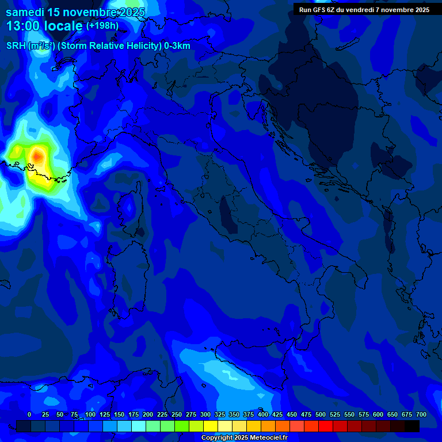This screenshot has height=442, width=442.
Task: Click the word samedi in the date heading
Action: click(26, 12)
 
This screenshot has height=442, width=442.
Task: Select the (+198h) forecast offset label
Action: click(102, 26)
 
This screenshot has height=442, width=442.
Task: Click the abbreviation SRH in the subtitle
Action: click(16, 46)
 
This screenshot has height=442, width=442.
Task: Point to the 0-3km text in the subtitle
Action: click(177, 46)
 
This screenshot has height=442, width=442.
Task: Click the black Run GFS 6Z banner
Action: click(364, 10)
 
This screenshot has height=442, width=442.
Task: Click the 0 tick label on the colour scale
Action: click(29, 414)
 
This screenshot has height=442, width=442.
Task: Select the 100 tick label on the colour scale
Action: click(90, 414)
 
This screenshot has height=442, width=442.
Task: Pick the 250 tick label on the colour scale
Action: click(177, 414)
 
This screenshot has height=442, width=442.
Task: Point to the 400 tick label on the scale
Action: click(263, 414)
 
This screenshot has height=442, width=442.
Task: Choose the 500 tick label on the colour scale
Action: click(321, 414)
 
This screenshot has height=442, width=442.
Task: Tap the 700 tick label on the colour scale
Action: click(421, 414)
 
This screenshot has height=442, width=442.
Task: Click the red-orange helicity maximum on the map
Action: click(38, 155)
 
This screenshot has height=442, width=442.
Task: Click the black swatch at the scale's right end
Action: click(412, 426)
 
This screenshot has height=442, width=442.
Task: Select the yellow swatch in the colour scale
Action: click(211, 426)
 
